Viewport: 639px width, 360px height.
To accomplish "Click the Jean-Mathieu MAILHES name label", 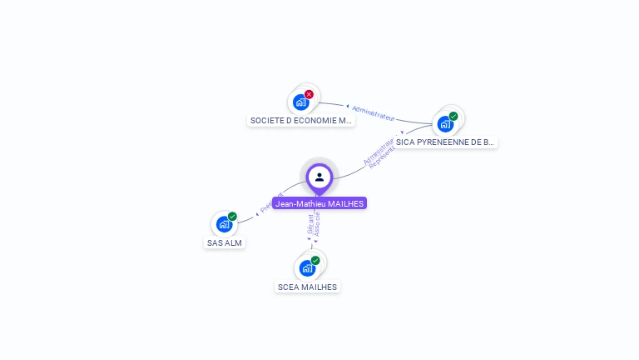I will tap(319, 203).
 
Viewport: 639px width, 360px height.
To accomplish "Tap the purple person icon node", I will tap(319, 177).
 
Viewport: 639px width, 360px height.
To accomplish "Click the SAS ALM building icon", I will tap(224, 223).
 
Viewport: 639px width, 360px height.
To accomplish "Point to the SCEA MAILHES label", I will tap(308, 287).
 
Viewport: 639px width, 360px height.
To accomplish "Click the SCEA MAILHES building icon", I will tap(307, 267).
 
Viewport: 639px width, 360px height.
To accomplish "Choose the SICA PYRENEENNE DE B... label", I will tap(445, 142).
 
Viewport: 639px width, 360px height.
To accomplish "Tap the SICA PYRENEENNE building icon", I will tap(445, 124).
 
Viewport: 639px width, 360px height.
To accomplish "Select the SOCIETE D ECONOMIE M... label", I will tap(301, 120).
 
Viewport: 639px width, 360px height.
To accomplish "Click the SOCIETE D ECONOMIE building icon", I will tap(300, 102).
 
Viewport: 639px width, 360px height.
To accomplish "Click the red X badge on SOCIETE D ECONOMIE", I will tap(309, 95).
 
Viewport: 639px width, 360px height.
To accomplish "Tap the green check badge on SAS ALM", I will tap(232, 217).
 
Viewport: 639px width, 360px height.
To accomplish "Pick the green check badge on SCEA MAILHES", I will tap(315, 261).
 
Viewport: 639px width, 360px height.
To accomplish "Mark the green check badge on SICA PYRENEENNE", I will tap(453, 117).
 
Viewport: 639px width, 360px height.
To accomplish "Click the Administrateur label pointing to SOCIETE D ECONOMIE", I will tap(373, 112).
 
